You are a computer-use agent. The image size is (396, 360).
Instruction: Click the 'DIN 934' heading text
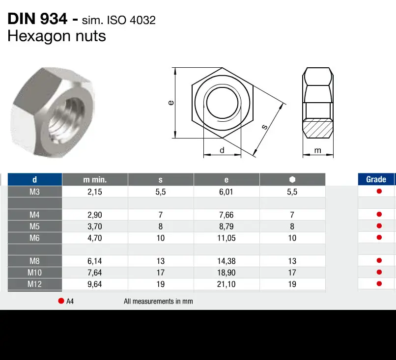37,19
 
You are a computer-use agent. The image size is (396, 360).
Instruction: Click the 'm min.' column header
95,179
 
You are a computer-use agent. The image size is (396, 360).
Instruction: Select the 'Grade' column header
376,179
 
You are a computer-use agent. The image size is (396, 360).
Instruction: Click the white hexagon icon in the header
292,179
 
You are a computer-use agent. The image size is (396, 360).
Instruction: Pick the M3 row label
34,192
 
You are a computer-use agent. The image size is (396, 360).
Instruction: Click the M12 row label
34,284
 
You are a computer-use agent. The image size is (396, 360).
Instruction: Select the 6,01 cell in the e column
226,192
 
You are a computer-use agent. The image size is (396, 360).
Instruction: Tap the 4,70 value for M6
95,238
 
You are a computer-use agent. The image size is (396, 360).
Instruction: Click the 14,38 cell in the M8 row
226,261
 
